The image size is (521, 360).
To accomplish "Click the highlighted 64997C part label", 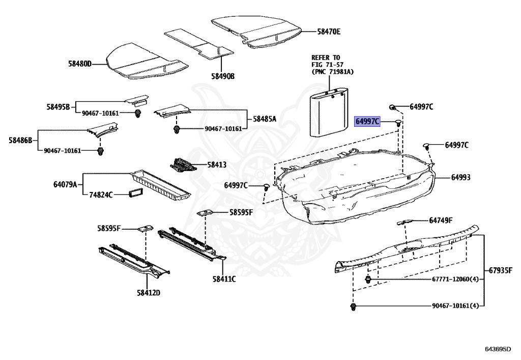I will pos(367,121).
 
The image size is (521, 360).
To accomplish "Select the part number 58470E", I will pos(329,32).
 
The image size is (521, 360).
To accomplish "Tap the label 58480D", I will pos(80,64).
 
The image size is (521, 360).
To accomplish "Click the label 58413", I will pos(216,165).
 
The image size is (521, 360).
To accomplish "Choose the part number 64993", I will pos(460,178).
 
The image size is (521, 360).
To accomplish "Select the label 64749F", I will pos(441,220).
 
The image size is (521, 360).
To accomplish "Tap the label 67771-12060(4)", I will pos(448,280).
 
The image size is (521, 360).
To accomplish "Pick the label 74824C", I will pos(101,195).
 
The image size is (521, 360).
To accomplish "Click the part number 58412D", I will pos(148,292).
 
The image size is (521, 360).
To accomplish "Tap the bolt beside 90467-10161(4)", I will pos(352,307).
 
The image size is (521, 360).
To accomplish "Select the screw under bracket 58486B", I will pos(100,151).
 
